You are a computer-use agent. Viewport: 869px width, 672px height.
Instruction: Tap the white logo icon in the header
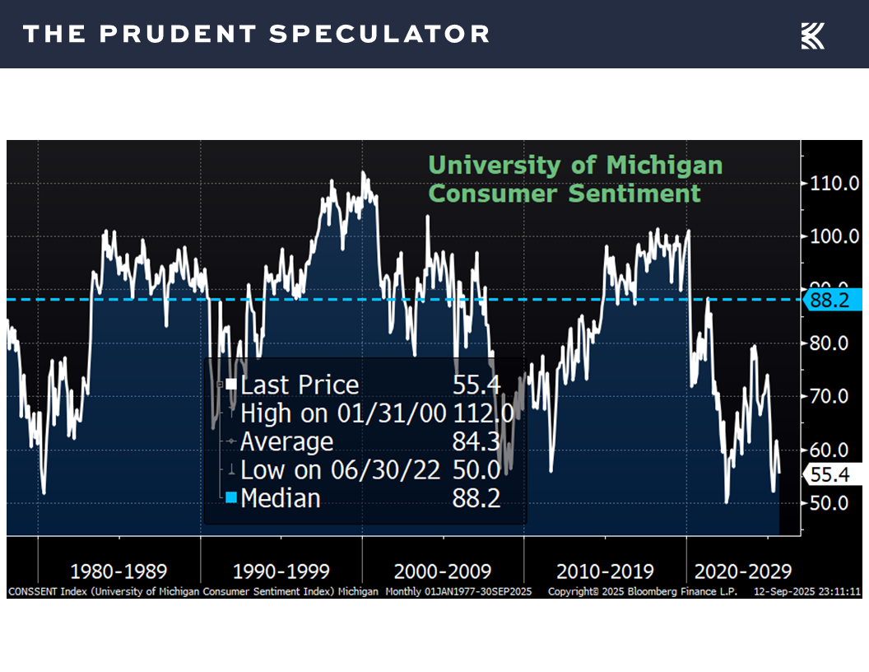(x=813, y=35)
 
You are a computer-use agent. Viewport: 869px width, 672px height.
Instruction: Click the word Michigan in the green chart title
(x=663, y=165)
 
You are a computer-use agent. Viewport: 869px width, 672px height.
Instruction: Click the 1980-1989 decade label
(x=118, y=572)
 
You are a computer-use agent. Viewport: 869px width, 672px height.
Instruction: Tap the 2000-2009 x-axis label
(x=443, y=572)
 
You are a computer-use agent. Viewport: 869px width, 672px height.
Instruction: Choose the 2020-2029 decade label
(x=743, y=572)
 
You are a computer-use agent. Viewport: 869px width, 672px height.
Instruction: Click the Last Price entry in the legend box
(x=300, y=385)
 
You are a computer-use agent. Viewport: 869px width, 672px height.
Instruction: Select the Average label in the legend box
(x=287, y=442)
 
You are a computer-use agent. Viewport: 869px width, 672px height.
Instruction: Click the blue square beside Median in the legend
(x=231, y=498)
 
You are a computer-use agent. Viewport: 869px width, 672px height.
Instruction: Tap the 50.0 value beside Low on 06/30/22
(x=476, y=470)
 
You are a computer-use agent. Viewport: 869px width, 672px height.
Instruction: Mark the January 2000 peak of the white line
(x=363, y=173)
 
